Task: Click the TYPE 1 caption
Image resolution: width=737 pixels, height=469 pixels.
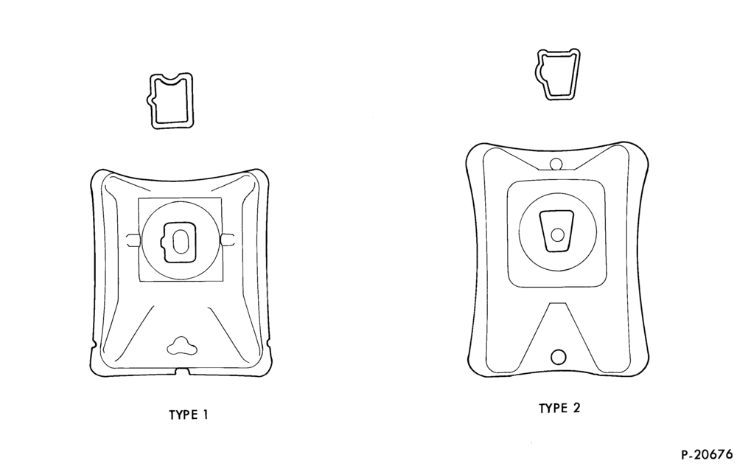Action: [x=188, y=415]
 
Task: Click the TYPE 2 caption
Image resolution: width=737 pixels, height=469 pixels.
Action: [x=559, y=408]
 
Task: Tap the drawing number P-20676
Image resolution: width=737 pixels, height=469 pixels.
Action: [x=707, y=454]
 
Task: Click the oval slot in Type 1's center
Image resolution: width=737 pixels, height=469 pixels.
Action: [x=180, y=242]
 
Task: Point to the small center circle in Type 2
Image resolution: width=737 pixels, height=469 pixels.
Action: [x=557, y=234]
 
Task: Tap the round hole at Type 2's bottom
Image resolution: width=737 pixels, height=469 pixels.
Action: [x=558, y=357]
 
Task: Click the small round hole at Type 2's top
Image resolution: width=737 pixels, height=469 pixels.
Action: [x=556, y=164]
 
